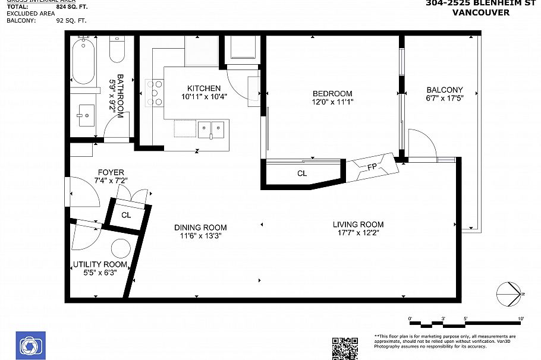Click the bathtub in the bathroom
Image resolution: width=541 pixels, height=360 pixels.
click(x=83, y=61)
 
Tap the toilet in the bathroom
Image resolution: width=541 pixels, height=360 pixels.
click(x=117, y=50)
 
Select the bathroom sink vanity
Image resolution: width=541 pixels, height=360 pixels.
click(x=86, y=113)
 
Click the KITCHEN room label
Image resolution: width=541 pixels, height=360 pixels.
click(x=204, y=89)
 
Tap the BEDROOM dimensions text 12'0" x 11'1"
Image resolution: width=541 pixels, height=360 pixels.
click(x=332, y=102)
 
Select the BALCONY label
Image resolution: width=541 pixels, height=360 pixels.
click(x=444, y=90)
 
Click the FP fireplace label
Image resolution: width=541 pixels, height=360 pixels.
click(x=372, y=166)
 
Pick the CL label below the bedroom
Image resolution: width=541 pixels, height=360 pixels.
click(x=302, y=173)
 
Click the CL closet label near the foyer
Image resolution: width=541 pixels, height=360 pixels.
click(x=126, y=215)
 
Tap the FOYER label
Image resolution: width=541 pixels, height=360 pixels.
click(x=111, y=172)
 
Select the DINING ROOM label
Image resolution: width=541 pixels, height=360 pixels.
click(x=200, y=227)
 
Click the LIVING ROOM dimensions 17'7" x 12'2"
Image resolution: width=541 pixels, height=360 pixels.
click(x=358, y=233)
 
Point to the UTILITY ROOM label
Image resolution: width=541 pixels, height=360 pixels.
click(x=100, y=264)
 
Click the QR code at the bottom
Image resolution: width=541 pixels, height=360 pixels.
click(x=344, y=348)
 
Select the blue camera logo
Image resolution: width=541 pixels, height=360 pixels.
click(x=29, y=345)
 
